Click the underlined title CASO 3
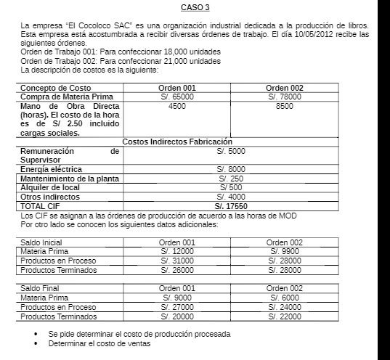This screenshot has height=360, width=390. tap(195, 8)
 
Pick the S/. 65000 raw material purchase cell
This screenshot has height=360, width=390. tap(176, 97)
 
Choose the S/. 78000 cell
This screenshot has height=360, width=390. tap(285, 97)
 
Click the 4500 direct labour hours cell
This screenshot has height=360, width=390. tap(176, 106)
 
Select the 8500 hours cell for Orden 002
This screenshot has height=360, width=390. tap(285, 106)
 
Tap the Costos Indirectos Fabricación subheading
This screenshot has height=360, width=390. tap(176, 142)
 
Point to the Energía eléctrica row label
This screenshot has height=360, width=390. tap(51, 169)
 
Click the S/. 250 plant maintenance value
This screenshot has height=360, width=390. tap(231, 179)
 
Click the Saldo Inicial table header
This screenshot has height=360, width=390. tap(41, 242)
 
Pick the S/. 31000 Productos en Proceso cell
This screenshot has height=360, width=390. tap(177, 261)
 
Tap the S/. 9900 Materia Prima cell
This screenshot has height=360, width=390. tap(285, 251)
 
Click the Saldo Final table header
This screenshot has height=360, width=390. tap(39, 288)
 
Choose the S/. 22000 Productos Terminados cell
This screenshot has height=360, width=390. tap(285, 316)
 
